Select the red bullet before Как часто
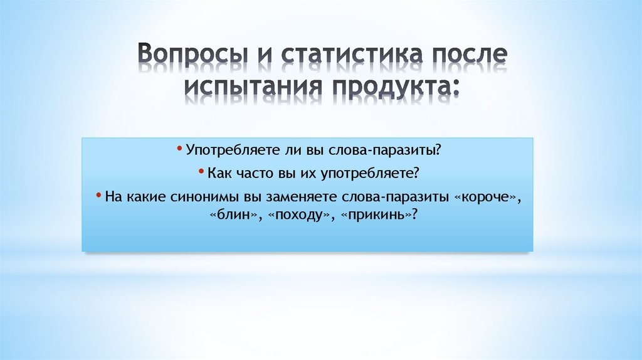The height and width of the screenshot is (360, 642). [201, 171]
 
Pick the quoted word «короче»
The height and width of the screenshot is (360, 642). [487, 196]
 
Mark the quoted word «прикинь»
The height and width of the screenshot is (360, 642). [376, 214]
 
